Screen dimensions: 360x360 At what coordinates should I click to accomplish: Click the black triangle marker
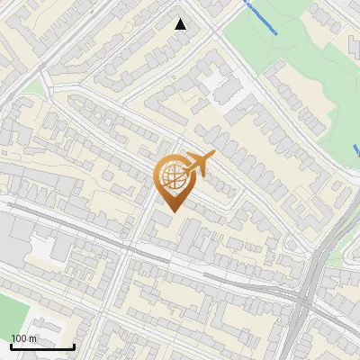(x=181, y=24)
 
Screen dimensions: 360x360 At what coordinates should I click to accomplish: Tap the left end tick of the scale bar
(x=11, y=346)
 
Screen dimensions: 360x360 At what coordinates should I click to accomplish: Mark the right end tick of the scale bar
(x=74, y=346)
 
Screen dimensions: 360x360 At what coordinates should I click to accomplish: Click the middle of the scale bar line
(x=42, y=346)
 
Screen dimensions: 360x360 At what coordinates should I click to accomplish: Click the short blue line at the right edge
(x=356, y=148)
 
